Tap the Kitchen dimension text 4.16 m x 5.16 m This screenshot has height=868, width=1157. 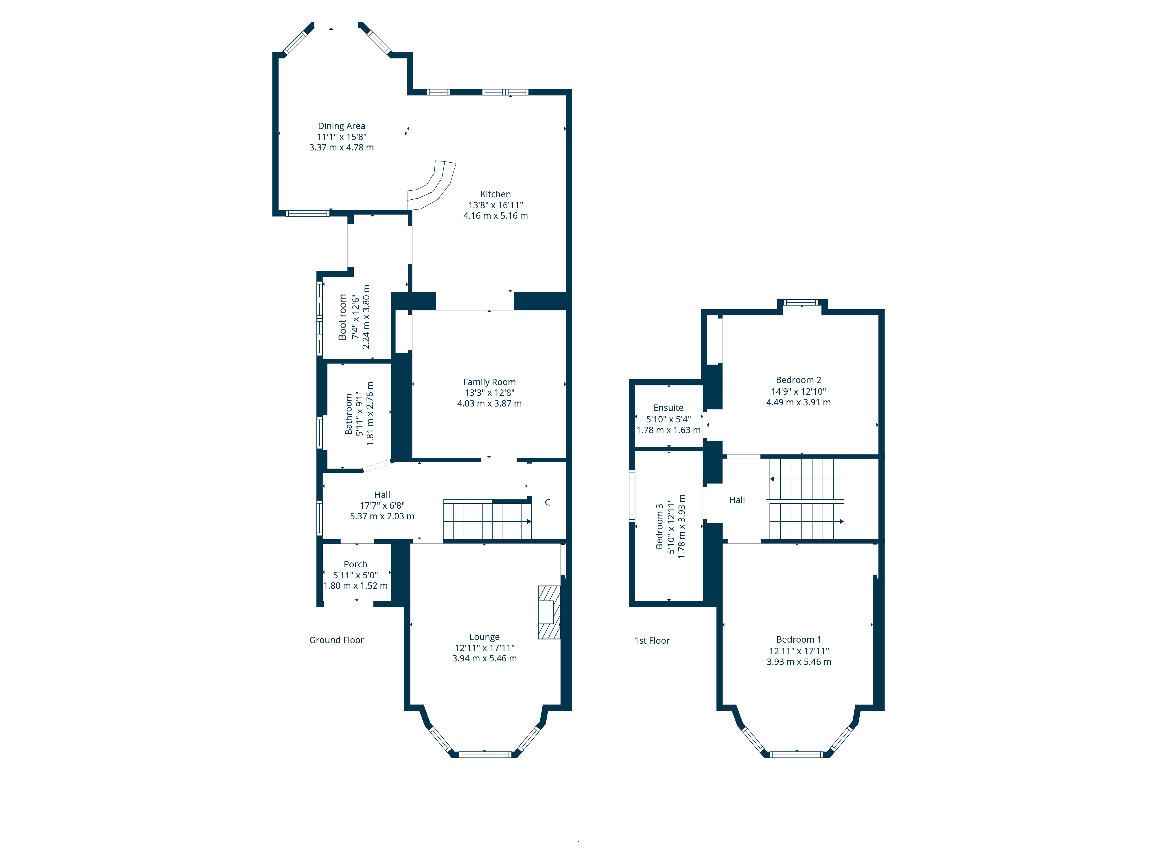(x=495, y=216)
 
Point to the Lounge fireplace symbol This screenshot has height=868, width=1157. (x=549, y=612)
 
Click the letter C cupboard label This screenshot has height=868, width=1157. (x=548, y=502)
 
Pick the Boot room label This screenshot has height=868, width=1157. (x=342, y=317)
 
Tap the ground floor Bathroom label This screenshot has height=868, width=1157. (x=349, y=414)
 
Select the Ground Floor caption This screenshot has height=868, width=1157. (x=336, y=640)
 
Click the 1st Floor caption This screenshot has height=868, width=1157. (x=652, y=640)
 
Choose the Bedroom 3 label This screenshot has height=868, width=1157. (x=659, y=526)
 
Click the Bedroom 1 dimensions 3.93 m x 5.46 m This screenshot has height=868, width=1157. (x=799, y=662)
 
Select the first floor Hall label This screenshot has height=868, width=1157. (x=737, y=500)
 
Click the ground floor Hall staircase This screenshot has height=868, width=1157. (x=487, y=520)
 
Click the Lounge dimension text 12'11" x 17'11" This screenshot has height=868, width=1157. (x=484, y=648)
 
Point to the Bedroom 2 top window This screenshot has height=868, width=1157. (x=802, y=302)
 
